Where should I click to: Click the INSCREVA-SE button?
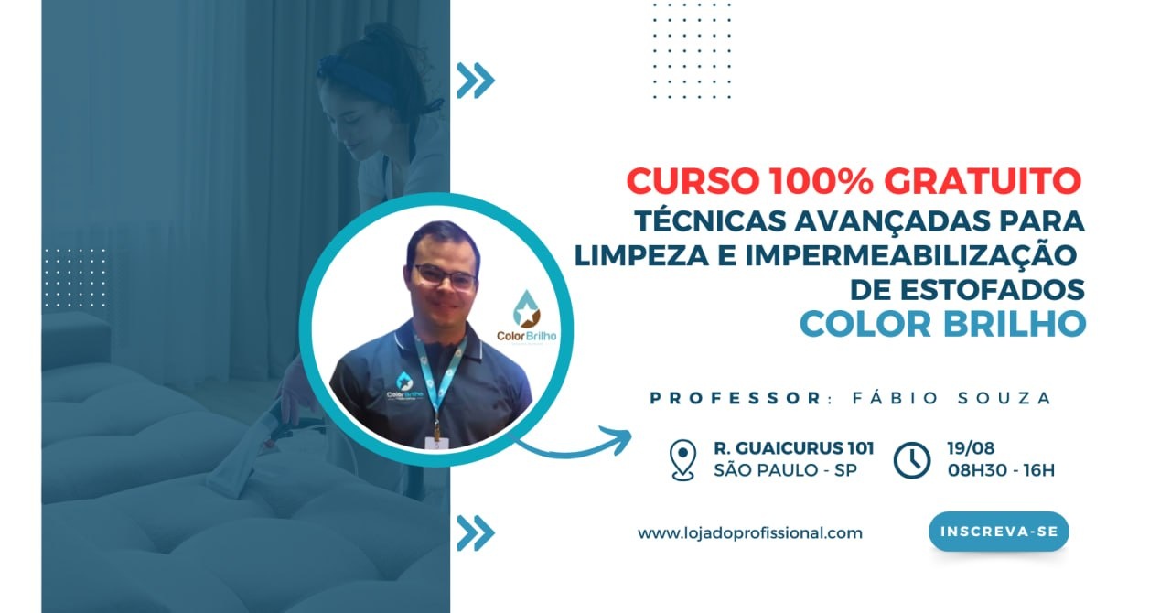pyautogui.click(x=998, y=532)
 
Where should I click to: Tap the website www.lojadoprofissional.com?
pyautogui.click(x=750, y=533)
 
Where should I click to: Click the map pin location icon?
pyautogui.click(x=682, y=459)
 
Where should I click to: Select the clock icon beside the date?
pyautogui.click(x=912, y=460)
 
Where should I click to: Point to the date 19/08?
pyautogui.click(x=971, y=448)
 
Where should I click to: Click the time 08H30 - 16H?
pyautogui.click(x=1001, y=470)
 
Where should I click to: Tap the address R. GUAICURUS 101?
pyautogui.click(x=793, y=448)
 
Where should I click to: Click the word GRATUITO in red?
pyautogui.click(x=983, y=181)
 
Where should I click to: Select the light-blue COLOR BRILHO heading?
pyautogui.click(x=942, y=324)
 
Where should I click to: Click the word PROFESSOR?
pyautogui.click(x=736, y=398)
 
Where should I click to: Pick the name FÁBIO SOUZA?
pyautogui.click(x=951, y=397)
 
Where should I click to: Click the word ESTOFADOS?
pyautogui.click(x=995, y=290)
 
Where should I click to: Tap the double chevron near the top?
pyautogui.click(x=476, y=81)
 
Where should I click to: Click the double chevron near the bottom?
pyautogui.click(x=476, y=533)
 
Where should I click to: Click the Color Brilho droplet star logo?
pyautogui.click(x=526, y=308)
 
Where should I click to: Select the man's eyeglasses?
pyautogui.click(x=446, y=276)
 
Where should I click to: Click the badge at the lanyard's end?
pyautogui.click(x=436, y=443)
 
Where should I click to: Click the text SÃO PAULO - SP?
pyautogui.click(x=786, y=470)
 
